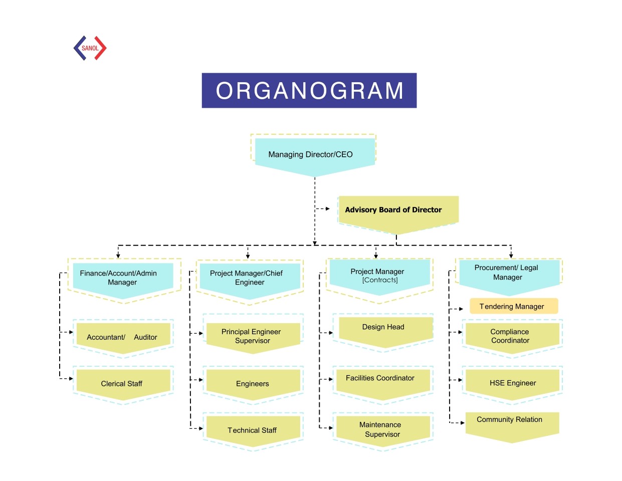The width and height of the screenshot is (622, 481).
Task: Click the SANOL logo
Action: (90, 48)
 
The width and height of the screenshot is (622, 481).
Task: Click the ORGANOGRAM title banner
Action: (309, 91)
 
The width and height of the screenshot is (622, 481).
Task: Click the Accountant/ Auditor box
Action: (123, 337)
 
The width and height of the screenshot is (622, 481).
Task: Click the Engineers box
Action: (253, 384)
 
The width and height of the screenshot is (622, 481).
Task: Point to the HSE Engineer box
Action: (512, 383)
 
